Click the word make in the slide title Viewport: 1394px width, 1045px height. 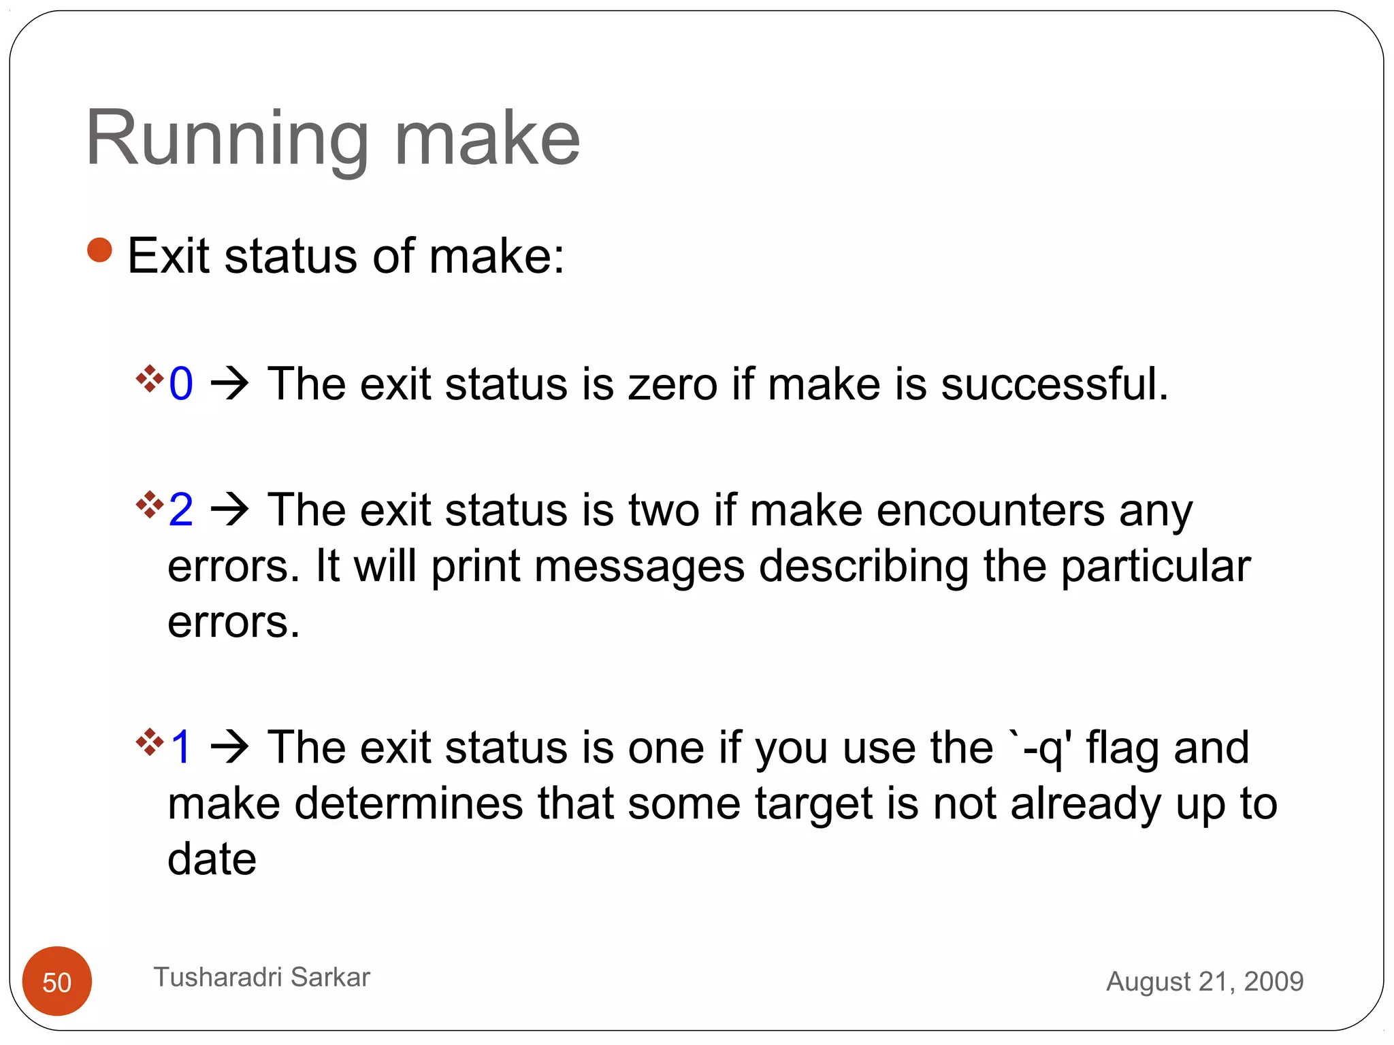(487, 139)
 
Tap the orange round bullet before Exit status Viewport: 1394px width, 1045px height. (99, 250)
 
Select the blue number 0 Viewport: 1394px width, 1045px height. (181, 384)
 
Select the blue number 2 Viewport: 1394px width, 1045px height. (181, 510)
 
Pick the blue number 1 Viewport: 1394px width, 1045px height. (181, 747)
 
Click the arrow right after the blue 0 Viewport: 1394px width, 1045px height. (230, 384)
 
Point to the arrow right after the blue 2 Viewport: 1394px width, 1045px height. (230, 510)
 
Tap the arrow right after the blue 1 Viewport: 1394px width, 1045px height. (230, 747)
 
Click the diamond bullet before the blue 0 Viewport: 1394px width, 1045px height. (150, 378)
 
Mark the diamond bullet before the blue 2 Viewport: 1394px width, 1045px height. (150, 504)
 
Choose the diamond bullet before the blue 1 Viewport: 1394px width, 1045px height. (150, 742)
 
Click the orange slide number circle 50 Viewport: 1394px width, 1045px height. (57, 981)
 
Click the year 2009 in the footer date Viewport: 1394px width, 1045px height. (1274, 981)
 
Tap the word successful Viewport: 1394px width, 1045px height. (1054, 384)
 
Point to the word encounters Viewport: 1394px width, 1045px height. (990, 510)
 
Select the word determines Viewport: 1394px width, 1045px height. (409, 803)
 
